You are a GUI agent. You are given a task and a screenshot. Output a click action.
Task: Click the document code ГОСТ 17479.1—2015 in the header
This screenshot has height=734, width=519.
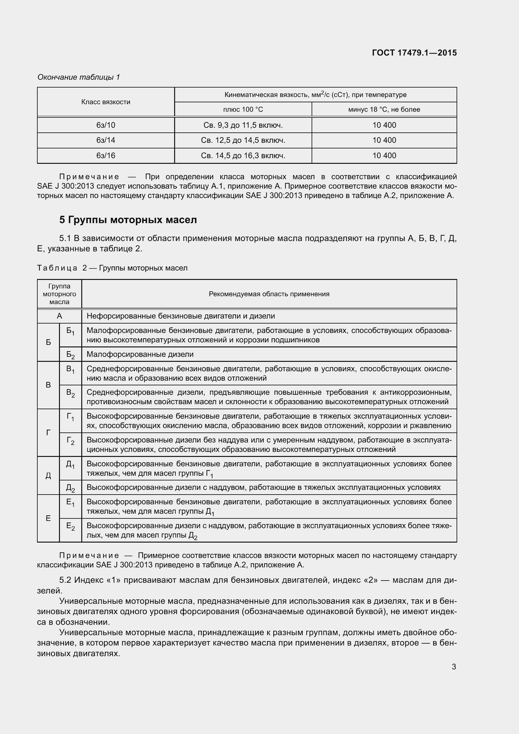(414, 53)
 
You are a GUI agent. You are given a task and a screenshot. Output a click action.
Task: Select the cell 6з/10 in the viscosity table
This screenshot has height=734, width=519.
(106, 125)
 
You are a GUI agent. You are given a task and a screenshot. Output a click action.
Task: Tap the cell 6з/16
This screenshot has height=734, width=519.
(106, 156)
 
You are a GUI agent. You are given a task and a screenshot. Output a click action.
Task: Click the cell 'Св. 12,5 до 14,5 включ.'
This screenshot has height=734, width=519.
(243, 140)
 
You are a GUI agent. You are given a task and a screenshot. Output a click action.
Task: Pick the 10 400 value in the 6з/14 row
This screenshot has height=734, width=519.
(384, 140)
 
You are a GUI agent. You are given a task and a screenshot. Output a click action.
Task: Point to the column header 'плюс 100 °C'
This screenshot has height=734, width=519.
(243, 109)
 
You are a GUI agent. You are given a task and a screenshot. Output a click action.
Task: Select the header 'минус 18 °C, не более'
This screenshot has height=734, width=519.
(384, 109)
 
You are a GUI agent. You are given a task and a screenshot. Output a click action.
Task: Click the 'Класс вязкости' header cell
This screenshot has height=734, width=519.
(106, 102)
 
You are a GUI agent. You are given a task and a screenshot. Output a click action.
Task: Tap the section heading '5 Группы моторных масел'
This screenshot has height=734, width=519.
(128, 220)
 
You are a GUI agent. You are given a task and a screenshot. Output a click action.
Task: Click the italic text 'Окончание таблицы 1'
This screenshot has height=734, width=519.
(79, 77)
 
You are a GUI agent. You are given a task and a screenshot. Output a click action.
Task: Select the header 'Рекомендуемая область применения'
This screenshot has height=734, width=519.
(269, 294)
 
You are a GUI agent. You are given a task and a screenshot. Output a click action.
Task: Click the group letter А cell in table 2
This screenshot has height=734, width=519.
(59, 316)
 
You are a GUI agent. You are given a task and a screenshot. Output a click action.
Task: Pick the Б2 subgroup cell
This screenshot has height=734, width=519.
(70, 355)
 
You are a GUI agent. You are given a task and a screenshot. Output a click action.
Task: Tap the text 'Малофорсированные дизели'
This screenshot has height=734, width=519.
(140, 354)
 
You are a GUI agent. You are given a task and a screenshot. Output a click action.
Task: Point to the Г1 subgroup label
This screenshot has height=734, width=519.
(70, 417)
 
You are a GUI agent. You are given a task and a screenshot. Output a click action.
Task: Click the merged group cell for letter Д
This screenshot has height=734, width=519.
(48, 476)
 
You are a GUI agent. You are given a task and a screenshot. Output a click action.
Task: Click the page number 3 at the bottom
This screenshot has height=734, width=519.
(453, 667)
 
